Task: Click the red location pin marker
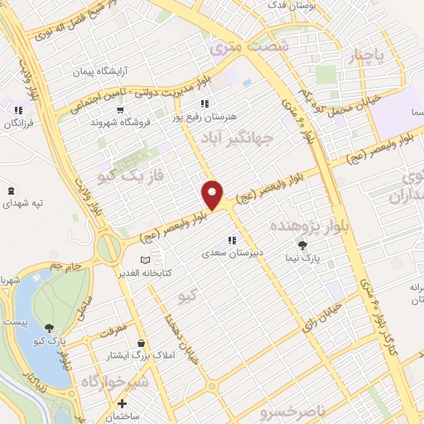coord(213,194)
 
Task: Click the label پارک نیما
coord(301,258)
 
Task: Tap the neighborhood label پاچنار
coord(368,55)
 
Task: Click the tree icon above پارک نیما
coord(301,245)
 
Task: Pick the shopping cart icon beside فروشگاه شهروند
coord(120,109)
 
